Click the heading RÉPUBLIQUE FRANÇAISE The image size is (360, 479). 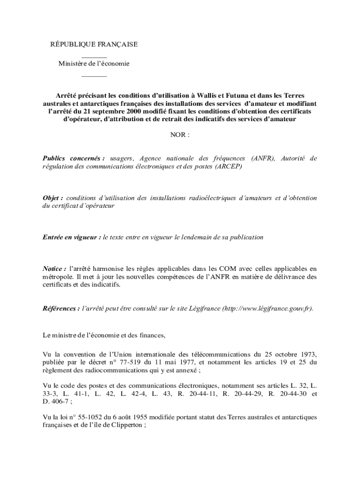[x=94, y=44]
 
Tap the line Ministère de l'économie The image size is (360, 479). [x=94, y=64]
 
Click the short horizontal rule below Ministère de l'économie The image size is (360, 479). [x=94, y=76]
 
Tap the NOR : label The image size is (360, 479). [x=180, y=135]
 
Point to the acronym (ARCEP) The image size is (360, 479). [x=229, y=167]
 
